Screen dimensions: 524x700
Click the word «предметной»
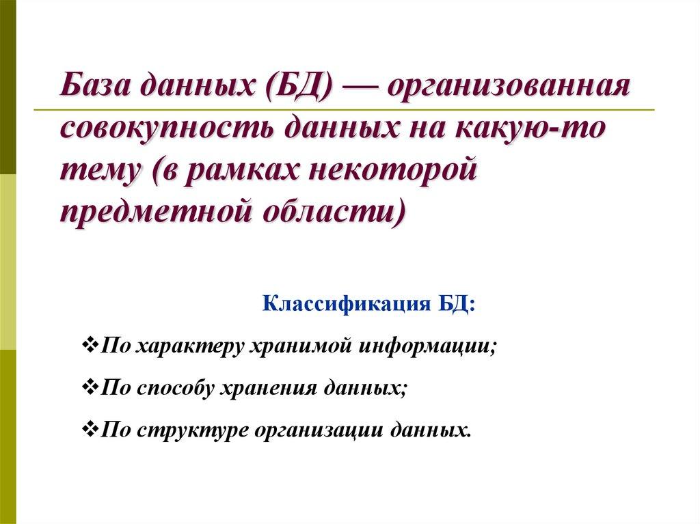pyautogui.click(x=151, y=209)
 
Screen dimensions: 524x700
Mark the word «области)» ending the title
pyautogui.click(x=332, y=209)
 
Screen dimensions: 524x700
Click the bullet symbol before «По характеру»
pyautogui.click(x=90, y=343)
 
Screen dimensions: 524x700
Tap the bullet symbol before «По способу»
pyautogui.click(x=90, y=387)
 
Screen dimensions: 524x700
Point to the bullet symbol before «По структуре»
pyautogui.click(x=90, y=431)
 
